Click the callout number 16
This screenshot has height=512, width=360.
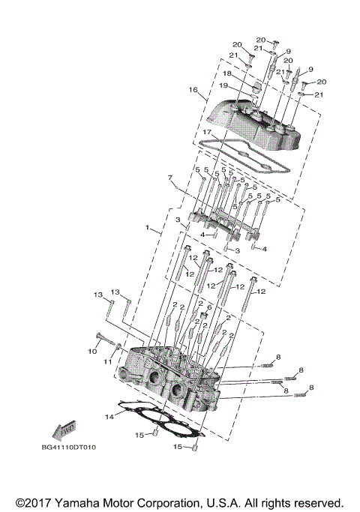point(193,90)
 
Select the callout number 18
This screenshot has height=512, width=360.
point(226,74)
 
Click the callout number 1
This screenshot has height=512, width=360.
point(148,226)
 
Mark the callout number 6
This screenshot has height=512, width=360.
point(209,308)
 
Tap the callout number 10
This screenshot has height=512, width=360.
point(93,350)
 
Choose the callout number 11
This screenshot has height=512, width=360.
point(108,361)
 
